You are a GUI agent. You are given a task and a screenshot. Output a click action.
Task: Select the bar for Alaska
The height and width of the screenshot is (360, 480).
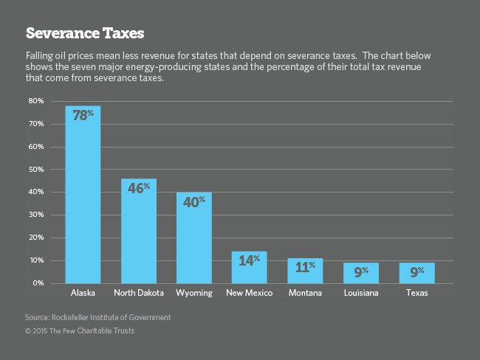83,199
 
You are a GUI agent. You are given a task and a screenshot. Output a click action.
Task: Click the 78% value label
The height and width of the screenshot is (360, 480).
83,114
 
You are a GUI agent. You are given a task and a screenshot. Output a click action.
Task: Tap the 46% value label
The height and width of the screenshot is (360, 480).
138,187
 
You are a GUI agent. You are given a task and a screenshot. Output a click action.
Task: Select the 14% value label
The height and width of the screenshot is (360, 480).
250,260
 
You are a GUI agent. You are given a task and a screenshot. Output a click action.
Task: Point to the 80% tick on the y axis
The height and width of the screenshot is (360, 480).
36,100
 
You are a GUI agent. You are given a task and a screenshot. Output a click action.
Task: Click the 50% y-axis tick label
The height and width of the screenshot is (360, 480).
36,169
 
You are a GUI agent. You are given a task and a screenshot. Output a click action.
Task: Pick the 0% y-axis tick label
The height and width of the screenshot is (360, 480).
38,283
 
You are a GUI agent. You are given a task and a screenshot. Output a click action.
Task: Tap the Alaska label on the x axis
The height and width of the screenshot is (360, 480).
83,294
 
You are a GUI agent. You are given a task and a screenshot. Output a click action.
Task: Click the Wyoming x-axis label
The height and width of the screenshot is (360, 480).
193,294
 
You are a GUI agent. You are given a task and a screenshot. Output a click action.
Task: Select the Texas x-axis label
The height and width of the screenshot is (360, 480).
416,294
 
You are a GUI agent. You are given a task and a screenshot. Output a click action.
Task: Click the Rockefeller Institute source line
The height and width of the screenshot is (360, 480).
97,317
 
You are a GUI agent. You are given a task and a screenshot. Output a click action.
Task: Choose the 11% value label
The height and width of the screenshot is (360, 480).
305,267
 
